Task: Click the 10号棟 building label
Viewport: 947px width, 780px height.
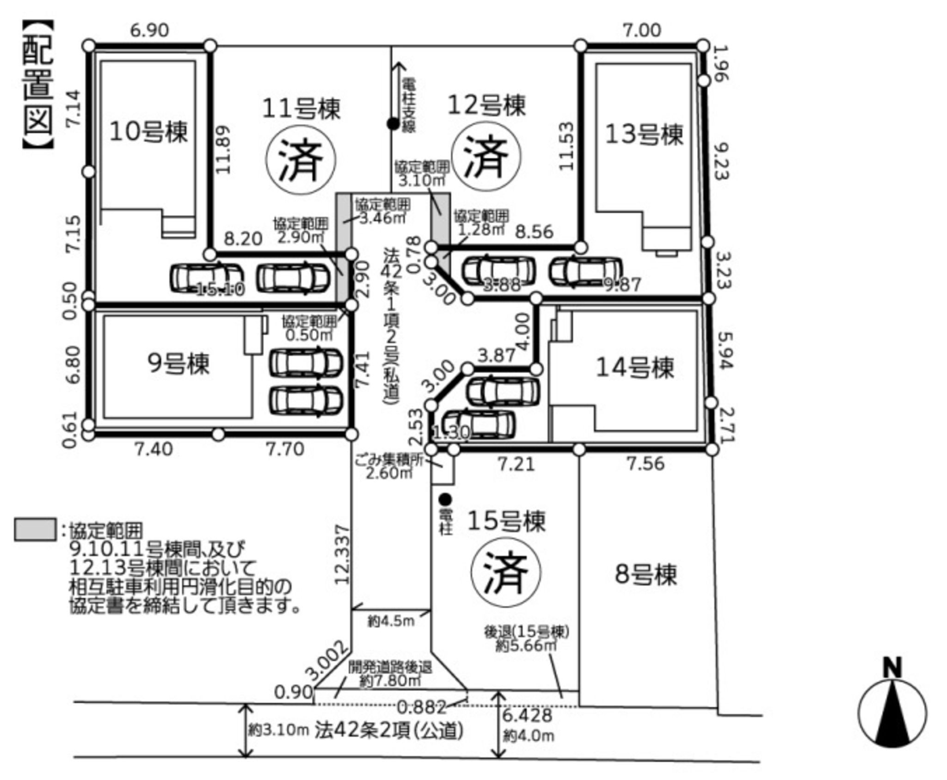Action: pos(148,132)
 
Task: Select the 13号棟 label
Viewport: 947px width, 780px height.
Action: pos(644,135)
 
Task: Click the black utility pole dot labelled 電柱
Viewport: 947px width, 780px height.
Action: pos(445,499)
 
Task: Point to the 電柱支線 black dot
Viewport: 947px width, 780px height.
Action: pos(393,123)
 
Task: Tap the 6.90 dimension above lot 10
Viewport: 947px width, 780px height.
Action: pos(149,31)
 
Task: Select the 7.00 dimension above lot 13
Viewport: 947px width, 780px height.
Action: pos(642,31)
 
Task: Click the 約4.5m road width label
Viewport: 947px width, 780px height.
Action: pos(391,620)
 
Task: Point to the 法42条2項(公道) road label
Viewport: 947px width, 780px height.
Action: pos(389,731)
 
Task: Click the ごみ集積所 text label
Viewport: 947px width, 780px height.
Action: pos(389,460)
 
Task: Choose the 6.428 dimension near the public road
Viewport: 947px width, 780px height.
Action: pos(528,715)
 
